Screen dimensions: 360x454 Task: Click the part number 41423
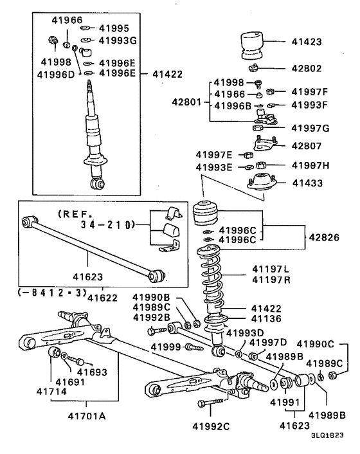point(307,42)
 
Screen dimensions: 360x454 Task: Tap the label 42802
point(307,69)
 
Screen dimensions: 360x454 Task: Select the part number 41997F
point(309,92)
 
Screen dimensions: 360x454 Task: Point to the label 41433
point(307,183)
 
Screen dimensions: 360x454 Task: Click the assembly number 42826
point(324,237)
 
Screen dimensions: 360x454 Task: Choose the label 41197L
point(271,269)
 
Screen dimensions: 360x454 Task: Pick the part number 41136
point(266,319)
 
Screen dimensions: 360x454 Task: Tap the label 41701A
point(87,416)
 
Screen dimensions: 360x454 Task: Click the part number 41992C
point(211,426)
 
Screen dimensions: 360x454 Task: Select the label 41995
point(114,28)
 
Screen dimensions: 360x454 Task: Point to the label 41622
point(102,298)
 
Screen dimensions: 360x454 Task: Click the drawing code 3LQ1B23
point(327,435)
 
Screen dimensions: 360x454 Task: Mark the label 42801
point(186,102)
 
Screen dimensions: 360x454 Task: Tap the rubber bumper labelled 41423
point(252,46)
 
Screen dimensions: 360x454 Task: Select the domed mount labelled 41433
point(262,182)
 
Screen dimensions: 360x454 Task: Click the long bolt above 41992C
point(210,403)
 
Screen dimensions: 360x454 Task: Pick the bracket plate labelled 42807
point(265,144)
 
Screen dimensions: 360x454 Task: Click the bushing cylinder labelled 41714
point(54,352)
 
